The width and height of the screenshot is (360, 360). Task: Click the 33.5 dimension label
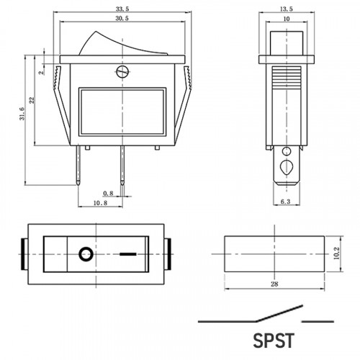click(122, 9)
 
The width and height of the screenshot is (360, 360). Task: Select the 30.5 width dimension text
click(122, 18)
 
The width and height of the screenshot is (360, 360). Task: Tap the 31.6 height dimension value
click(22, 114)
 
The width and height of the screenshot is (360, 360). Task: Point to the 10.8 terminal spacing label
click(100, 203)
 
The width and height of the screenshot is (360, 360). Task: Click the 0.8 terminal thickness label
click(108, 193)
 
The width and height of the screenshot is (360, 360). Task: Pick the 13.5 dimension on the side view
click(287, 9)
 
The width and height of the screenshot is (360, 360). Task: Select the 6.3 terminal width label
click(285, 202)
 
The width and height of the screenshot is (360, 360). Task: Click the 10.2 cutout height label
click(336, 253)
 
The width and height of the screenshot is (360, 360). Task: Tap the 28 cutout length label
click(274, 284)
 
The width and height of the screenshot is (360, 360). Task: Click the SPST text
click(274, 341)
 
